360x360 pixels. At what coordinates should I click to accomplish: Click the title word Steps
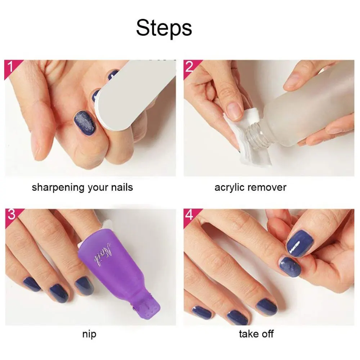164,28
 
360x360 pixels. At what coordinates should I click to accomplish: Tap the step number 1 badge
11,67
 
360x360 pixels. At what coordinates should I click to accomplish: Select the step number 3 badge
11,215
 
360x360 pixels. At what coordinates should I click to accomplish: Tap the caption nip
89,334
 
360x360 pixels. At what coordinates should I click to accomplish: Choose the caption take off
256,334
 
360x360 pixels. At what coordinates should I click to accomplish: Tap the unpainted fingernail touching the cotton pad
235,110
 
